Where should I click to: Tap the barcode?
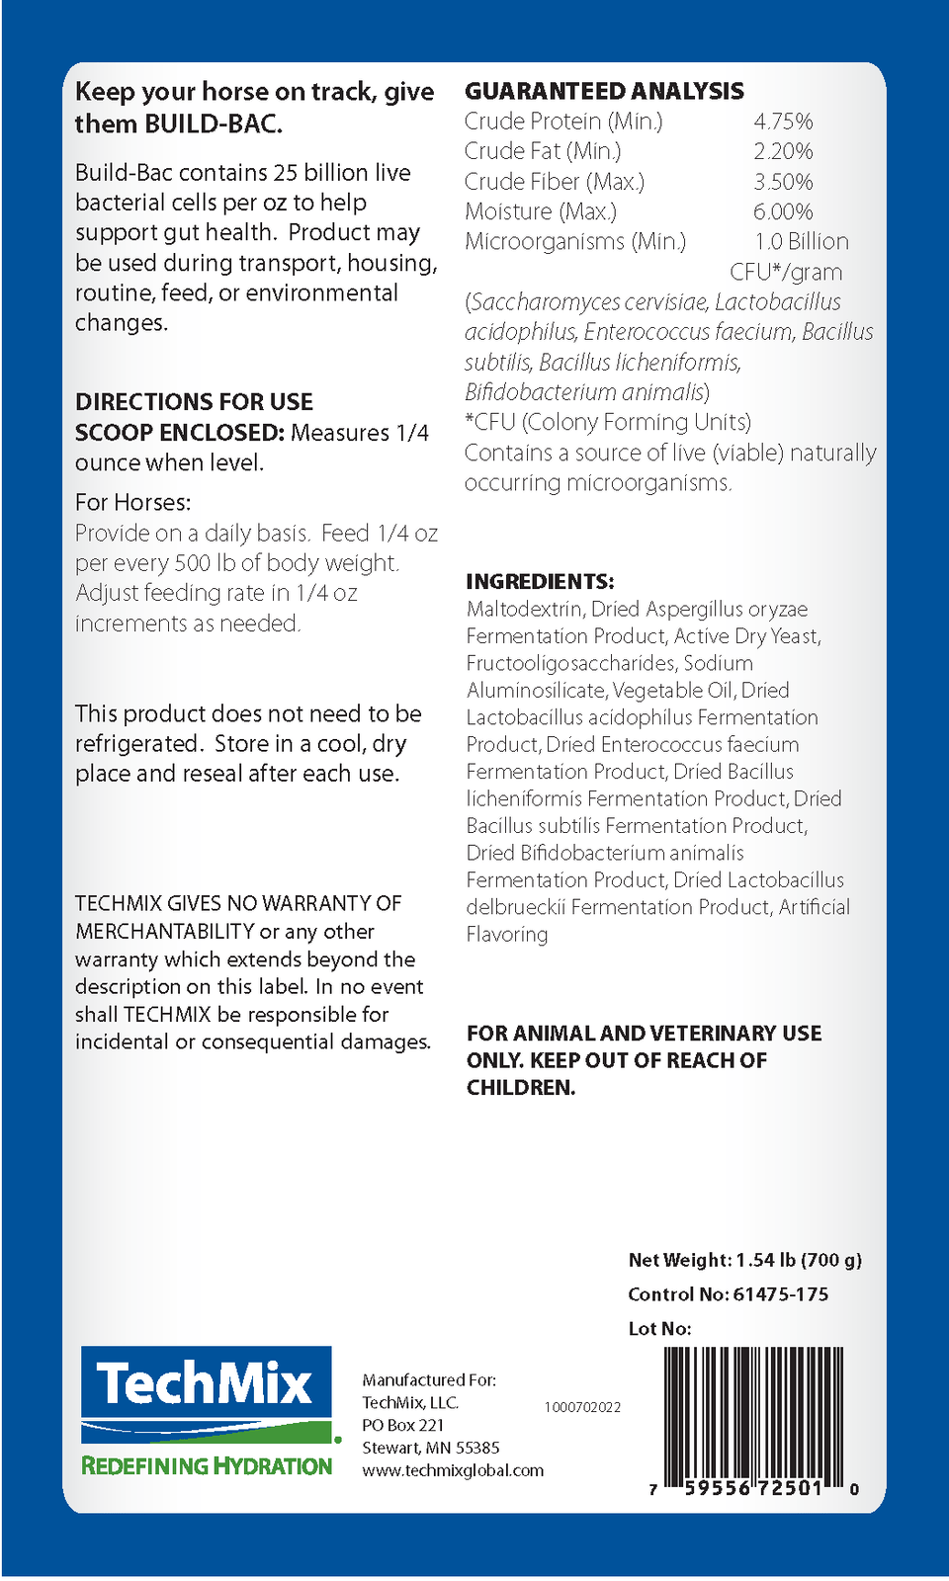click(x=753, y=1415)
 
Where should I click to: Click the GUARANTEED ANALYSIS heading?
click(x=604, y=91)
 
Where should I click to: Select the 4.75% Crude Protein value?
click(x=783, y=122)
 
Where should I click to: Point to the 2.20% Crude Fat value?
click(x=783, y=151)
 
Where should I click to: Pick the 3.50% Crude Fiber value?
click(x=783, y=182)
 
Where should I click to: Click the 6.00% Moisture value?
click(x=783, y=211)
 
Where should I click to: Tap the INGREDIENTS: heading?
click(x=540, y=581)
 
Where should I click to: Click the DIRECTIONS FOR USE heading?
click(x=194, y=402)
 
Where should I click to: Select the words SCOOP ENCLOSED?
click(x=179, y=433)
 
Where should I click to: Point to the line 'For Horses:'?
click(x=133, y=502)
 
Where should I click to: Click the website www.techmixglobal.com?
click(x=453, y=1470)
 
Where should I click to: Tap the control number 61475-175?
click(x=781, y=1294)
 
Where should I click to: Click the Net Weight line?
click(x=744, y=1260)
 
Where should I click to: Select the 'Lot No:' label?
click(x=659, y=1329)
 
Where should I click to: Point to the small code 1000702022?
click(x=582, y=1407)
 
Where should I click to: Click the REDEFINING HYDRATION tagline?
click(x=207, y=1466)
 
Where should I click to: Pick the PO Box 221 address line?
click(x=402, y=1425)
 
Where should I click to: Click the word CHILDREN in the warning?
click(x=520, y=1088)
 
